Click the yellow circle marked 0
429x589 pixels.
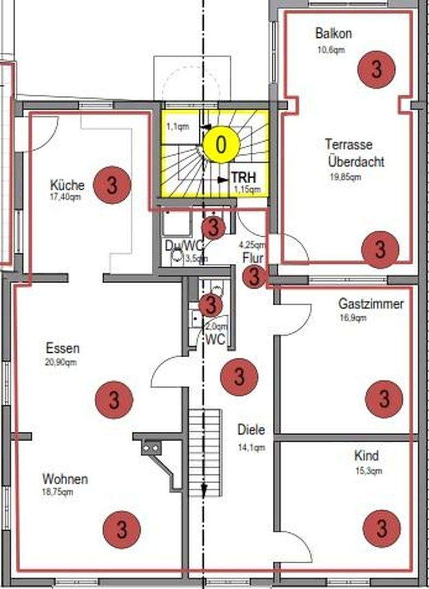pos(221,145)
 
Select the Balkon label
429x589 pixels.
pos(333,33)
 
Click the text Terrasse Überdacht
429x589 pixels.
pos(356,153)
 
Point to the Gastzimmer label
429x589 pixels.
pos(371,304)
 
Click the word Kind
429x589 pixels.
pos(366,456)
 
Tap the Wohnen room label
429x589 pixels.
pos(65,480)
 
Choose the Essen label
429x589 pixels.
pos(63,348)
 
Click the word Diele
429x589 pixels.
pos(251,430)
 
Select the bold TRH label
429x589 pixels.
pos(243,178)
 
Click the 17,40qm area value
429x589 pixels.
pos(65,196)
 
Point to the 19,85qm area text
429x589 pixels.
pos(345,177)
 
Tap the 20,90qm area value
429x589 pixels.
pos(62,362)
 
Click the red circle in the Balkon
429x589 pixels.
pos(376,69)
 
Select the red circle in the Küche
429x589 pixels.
pos(112,185)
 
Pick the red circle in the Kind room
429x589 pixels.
pos(382,528)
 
